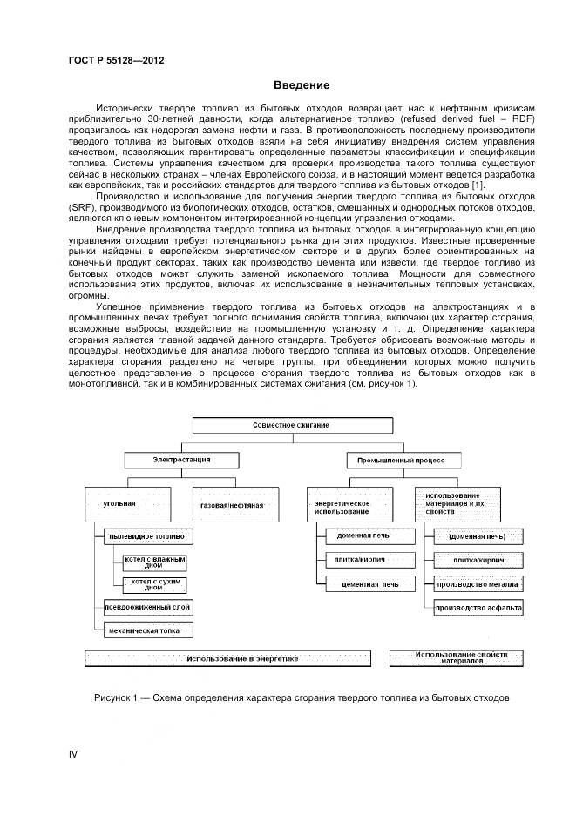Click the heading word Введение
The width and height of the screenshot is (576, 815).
[302, 85]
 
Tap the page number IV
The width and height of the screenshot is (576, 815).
[73, 754]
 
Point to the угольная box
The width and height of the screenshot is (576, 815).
[126, 505]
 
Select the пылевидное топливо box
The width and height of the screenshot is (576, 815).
[146, 537]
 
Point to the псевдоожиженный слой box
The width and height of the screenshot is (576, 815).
[146, 607]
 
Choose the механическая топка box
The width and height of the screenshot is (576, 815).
[146, 629]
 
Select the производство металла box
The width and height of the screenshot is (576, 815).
[478, 584]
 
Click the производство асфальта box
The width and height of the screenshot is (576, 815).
[478, 606]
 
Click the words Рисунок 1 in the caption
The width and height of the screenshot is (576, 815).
[116, 698]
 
